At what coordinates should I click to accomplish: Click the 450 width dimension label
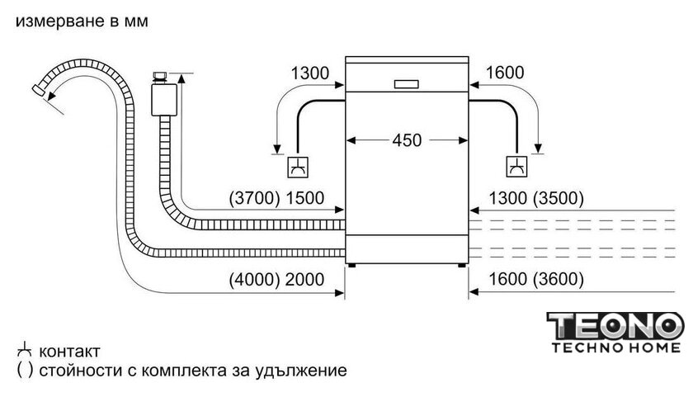tap(407, 140)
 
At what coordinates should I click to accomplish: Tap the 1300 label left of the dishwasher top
tap(310, 73)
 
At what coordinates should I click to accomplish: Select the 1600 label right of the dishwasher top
tap(505, 73)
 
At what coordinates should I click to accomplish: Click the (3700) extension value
tap(255, 198)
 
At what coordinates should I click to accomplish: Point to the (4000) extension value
tap(255, 280)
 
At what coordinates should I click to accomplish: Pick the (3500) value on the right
tap(559, 198)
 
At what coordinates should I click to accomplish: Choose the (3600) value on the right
tap(559, 279)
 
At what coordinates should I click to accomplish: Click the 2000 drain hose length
tap(305, 280)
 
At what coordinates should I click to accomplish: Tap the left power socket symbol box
tap(298, 167)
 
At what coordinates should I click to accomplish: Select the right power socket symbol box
tap(516, 167)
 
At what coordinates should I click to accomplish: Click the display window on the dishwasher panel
tap(406, 84)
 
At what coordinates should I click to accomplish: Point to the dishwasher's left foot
tap(351, 265)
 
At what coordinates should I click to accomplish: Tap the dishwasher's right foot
tap(462, 265)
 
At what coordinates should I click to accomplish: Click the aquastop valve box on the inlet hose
tap(164, 100)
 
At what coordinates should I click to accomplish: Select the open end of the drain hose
tap(38, 91)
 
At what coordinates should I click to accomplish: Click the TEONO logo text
tap(615, 326)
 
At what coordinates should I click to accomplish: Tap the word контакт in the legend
tap(69, 352)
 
